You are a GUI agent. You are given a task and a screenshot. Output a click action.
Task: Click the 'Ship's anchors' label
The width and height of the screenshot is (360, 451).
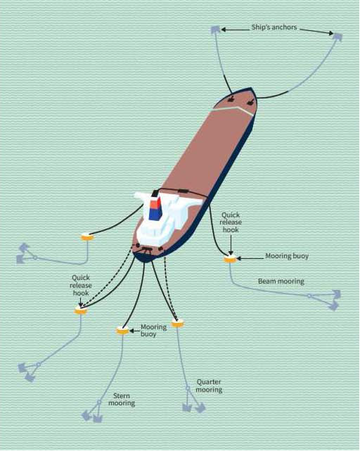pos(274,27)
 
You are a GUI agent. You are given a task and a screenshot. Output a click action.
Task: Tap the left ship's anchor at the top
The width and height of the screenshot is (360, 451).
pos(216,30)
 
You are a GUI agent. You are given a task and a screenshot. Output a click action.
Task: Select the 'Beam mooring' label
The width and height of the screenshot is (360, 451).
pos(281,281)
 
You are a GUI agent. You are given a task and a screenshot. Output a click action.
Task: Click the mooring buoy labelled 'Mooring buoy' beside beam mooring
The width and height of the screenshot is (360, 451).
pos(230,259)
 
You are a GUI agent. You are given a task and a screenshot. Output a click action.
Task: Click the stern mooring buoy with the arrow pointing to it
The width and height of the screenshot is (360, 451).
pos(122,330)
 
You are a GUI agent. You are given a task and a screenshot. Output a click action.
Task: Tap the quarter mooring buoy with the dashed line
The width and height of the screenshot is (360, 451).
pos(178,324)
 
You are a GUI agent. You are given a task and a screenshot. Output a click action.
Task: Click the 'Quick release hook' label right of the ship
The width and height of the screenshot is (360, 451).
pos(230,222)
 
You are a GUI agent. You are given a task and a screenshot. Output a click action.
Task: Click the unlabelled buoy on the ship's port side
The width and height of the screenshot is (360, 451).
pos(87,237)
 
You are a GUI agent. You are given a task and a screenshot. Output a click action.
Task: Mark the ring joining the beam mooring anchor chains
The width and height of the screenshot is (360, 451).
pos(309,296)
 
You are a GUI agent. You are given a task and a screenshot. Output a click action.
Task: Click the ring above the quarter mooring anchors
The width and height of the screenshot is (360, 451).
pos(188,388)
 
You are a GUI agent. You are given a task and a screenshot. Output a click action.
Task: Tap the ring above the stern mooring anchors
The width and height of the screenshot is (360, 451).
pos(99,402)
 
